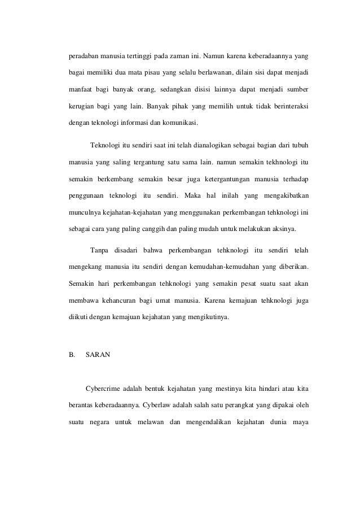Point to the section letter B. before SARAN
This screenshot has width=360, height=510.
pyautogui.click(x=65, y=355)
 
